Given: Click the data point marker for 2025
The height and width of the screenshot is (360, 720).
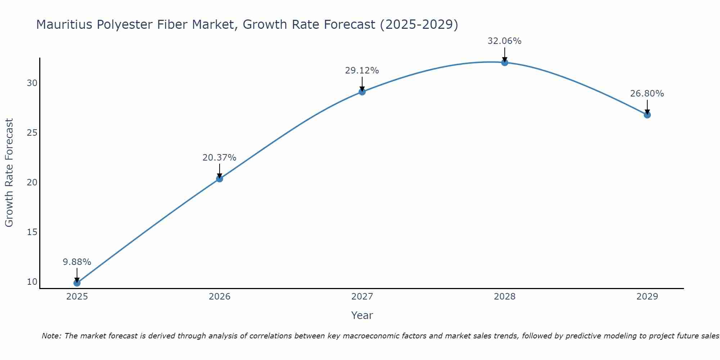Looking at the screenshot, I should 77,283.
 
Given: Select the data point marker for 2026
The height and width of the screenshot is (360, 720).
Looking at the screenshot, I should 220,179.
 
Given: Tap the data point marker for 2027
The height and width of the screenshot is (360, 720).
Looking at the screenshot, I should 362,92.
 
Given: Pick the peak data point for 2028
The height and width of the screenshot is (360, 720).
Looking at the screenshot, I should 505,62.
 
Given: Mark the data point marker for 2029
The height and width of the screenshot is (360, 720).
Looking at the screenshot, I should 647,115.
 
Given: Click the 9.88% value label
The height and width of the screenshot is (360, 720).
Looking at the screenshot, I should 77,262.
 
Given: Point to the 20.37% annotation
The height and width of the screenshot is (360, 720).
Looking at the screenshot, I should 219,158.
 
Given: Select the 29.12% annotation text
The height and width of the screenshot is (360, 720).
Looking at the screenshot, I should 362,71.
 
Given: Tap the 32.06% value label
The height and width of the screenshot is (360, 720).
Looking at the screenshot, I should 504,41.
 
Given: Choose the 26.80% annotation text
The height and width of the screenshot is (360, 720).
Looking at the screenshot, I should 647,94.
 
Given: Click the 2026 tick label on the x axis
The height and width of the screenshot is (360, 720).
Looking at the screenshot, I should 220,297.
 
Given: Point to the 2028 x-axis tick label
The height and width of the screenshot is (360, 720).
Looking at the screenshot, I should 505,297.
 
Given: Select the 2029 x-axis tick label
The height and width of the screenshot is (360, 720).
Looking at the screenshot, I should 647,297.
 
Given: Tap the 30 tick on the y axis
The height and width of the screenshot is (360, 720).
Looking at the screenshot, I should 32,83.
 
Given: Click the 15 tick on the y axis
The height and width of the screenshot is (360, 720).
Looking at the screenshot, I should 32,232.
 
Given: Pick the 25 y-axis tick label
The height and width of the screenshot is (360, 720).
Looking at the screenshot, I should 32,133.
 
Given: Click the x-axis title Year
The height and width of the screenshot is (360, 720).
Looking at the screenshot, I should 362,315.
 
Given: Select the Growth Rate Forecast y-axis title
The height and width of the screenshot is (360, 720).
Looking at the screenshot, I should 9,173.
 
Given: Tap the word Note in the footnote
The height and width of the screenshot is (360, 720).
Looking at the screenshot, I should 51,336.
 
